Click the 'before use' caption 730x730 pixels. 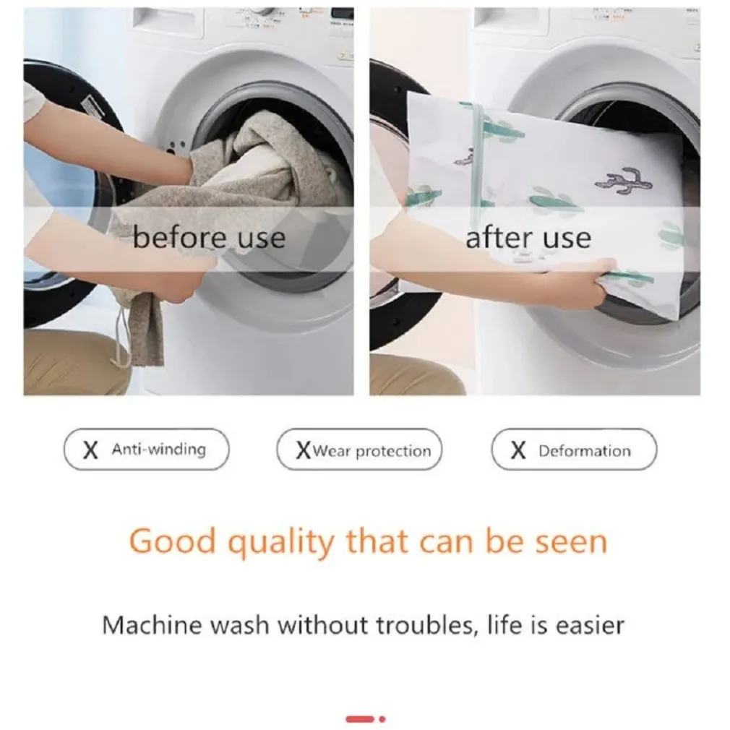pos(209,238)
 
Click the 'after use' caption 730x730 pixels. pos(528,238)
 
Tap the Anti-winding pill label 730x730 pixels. pos(146,450)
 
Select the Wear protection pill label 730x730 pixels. pos(359,450)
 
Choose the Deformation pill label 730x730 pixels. pos(574,450)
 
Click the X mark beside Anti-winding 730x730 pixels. pos(90,450)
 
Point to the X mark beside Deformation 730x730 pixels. pos(518,451)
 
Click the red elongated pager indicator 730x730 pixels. pos(360,719)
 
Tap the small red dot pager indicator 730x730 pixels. pos(382,719)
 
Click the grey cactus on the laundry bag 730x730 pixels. pos(624,181)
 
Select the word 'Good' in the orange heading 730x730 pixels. pos(173,541)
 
